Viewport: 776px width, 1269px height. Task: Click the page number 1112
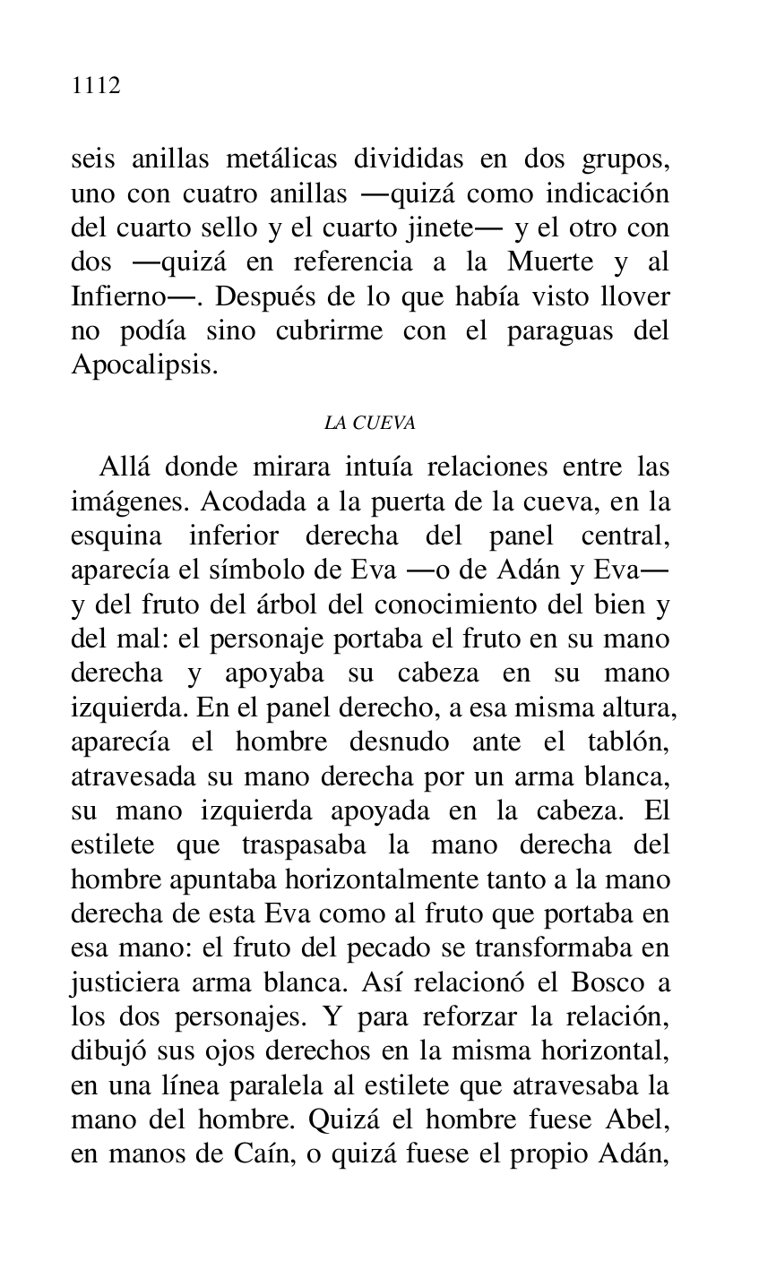coord(96,86)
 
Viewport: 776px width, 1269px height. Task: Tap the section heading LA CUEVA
coord(369,424)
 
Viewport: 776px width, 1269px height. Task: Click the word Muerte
coord(550,262)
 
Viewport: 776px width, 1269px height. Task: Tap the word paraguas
coord(556,330)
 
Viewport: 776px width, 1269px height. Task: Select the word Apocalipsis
coord(143,365)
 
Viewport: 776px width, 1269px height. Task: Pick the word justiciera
coord(126,982)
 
